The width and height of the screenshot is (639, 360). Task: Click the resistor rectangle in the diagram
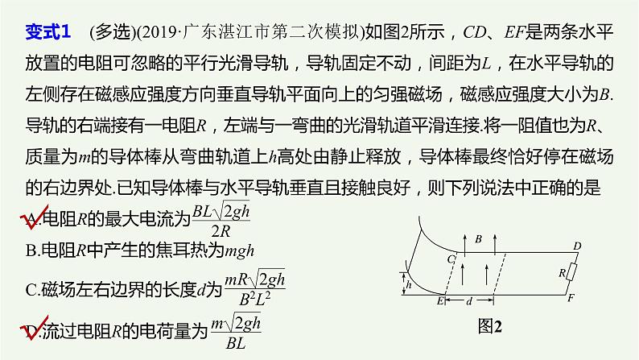[x=570, y=273]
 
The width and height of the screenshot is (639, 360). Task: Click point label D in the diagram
[x=575, y=245]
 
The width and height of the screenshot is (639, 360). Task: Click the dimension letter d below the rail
[x=469, y=300]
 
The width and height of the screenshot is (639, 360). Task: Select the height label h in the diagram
[x=410, y=283]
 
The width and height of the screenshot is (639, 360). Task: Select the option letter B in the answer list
[x=30, y=251]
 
